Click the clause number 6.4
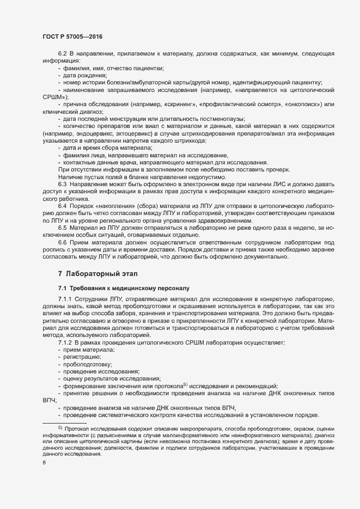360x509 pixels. point(63,207)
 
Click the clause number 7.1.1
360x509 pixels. point(66,300)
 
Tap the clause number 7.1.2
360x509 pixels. point(66,341)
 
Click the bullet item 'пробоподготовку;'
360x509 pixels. point(88,363)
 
